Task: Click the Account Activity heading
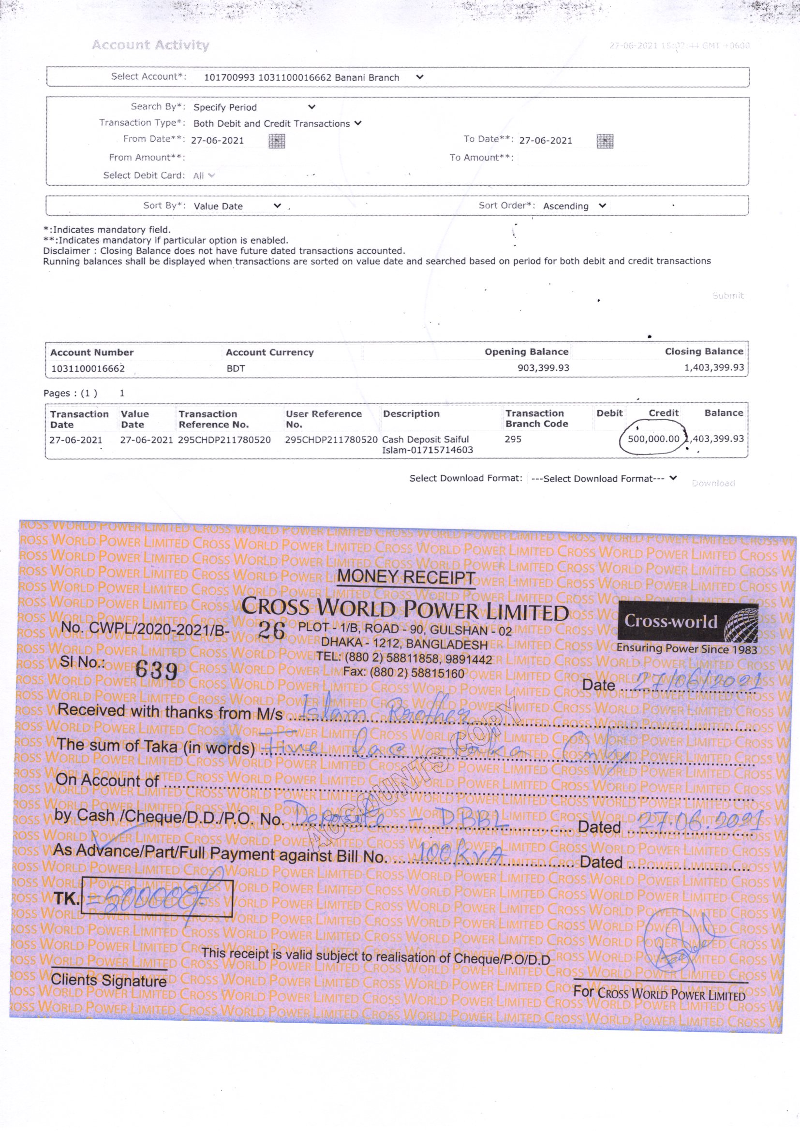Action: tap(150, 45)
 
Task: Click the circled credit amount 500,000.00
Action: tap(653, 439)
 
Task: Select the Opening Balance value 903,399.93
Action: tap(543, 368)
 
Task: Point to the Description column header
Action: tap(411, 414)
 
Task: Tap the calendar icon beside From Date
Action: tap(277, 141)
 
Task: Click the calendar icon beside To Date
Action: tap(605, 141)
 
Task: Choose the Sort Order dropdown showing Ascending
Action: tap(574, 206)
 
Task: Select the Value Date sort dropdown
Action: tap(237, 206)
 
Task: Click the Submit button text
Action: tap(727, 295)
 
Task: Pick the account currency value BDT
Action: tap(236, 368)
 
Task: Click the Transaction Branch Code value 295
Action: tap(513, 439)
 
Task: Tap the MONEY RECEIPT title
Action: tap(406, 576)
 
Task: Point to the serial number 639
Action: tap(156, 669)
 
